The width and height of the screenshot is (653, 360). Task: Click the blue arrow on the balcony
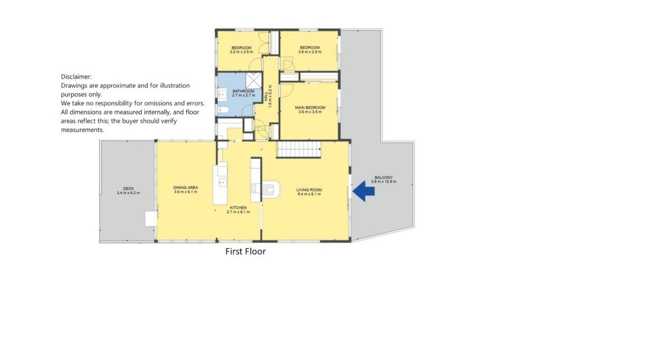point(363,191)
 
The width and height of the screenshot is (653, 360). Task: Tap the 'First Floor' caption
point(245,252)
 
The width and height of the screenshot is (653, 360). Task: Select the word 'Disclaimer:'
point(76,77)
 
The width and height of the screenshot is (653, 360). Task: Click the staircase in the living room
point(299,149)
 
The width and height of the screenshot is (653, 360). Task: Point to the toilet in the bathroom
point(224,110)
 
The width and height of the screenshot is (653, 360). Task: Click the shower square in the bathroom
point(254,81)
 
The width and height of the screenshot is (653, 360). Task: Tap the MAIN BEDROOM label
point(310,108)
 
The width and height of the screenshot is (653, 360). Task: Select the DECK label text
point(128,188)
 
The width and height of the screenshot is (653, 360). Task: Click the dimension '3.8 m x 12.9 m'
point(384,181)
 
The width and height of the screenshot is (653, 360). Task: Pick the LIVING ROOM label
point(309,190)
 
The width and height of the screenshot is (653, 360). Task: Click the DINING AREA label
point(186,188)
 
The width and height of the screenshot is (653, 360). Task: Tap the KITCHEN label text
point(238,208)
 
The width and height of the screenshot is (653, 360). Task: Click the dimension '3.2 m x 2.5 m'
point(241,52)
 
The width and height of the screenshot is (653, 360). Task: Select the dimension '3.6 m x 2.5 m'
point(310,52)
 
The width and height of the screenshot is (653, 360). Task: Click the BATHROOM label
point(243,91)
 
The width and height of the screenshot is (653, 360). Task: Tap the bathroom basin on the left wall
point(222,94)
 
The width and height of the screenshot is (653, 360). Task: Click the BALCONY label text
point(384,177)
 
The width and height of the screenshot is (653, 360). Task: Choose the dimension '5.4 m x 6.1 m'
point(309,194)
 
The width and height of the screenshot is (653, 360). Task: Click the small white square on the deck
point(151,219)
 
